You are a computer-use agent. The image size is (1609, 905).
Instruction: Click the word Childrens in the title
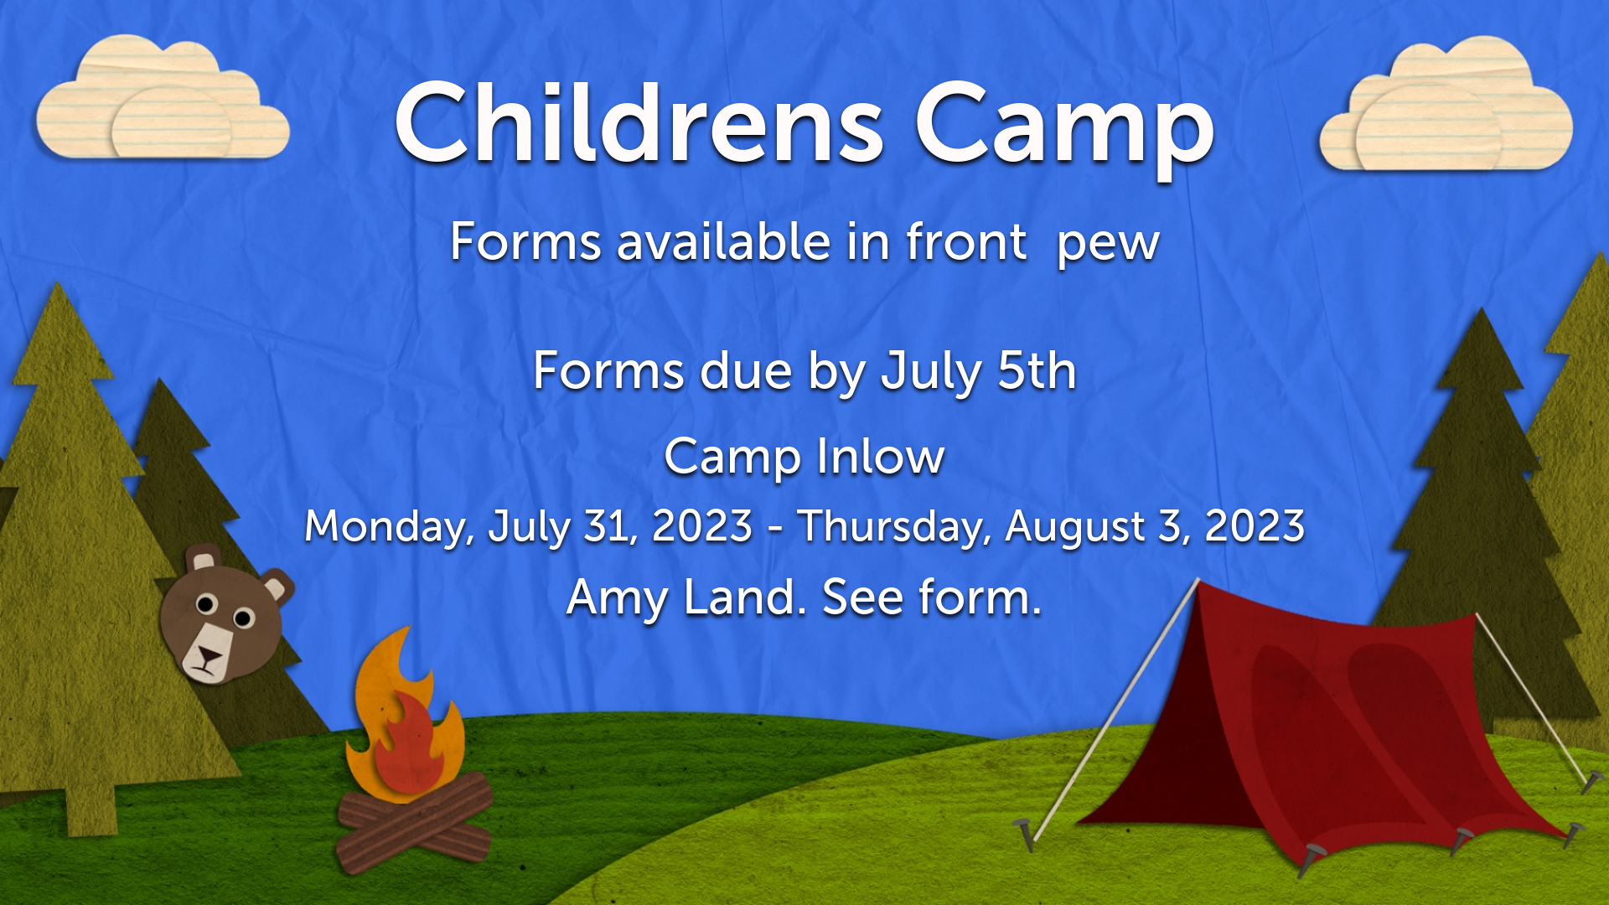coord(639,123)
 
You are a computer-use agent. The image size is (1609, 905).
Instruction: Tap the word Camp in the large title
coord(1064,130)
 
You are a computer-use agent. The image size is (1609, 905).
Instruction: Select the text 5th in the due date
coord(1037,370)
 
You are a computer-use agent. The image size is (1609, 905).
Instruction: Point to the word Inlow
coord(880,457)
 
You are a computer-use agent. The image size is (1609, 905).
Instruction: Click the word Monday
coord(387,527)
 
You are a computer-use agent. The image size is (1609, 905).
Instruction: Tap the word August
coord(1075,528)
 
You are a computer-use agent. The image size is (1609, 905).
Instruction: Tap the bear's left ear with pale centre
coord(202,559)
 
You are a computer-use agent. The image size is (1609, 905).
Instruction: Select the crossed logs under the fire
coord(414,822)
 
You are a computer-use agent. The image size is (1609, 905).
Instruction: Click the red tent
coord(1332,729)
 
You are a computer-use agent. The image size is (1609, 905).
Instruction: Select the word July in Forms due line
coord(930,373)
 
